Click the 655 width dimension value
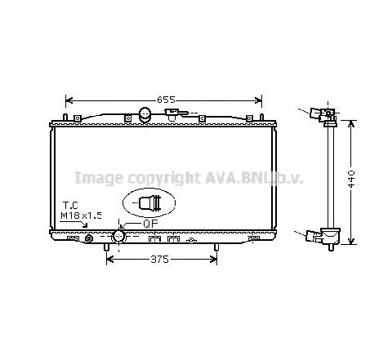(166, 100)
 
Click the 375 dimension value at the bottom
(160, 260)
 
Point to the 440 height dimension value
(351, 179)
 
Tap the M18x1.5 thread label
(81, 216)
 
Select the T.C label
(70, 205)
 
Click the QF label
(150, 224)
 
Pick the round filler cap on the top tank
(145, 114)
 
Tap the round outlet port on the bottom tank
(118, 236)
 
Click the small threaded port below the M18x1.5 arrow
(89, 238)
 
